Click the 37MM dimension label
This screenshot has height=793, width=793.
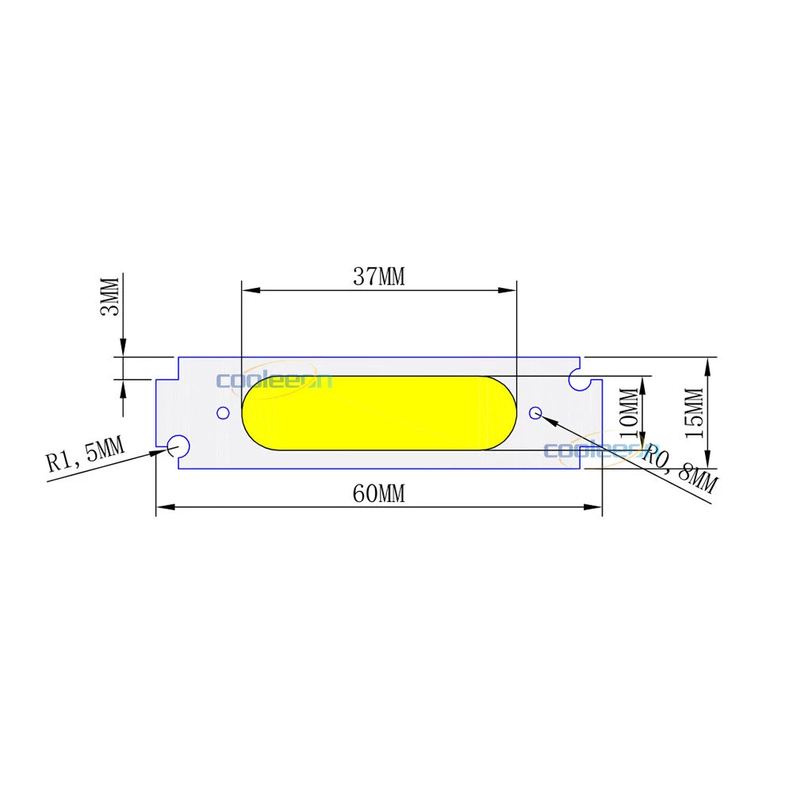click(378, 277)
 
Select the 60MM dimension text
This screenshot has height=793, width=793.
click(378, 494)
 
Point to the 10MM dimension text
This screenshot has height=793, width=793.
click(627, 408)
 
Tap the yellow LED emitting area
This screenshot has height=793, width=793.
click(373, 413)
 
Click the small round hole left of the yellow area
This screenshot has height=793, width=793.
click(223, 412)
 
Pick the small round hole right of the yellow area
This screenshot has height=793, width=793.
click(535, 412)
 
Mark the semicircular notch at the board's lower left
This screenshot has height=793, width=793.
click(177, 446)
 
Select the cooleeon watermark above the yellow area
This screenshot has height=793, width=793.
click(274, 381)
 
